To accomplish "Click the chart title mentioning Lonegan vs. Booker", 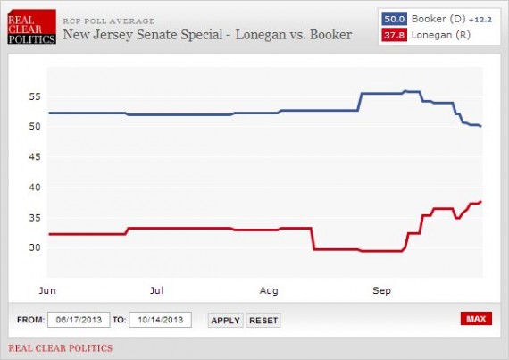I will click(206, 35).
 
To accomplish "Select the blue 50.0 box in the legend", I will click(394, 18).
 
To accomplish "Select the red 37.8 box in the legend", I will click(394, 34).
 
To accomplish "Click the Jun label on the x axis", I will click(49, 290).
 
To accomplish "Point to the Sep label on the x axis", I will click(382, 290).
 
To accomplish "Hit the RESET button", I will click(263, 320).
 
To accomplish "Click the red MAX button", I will click(476, 319).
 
